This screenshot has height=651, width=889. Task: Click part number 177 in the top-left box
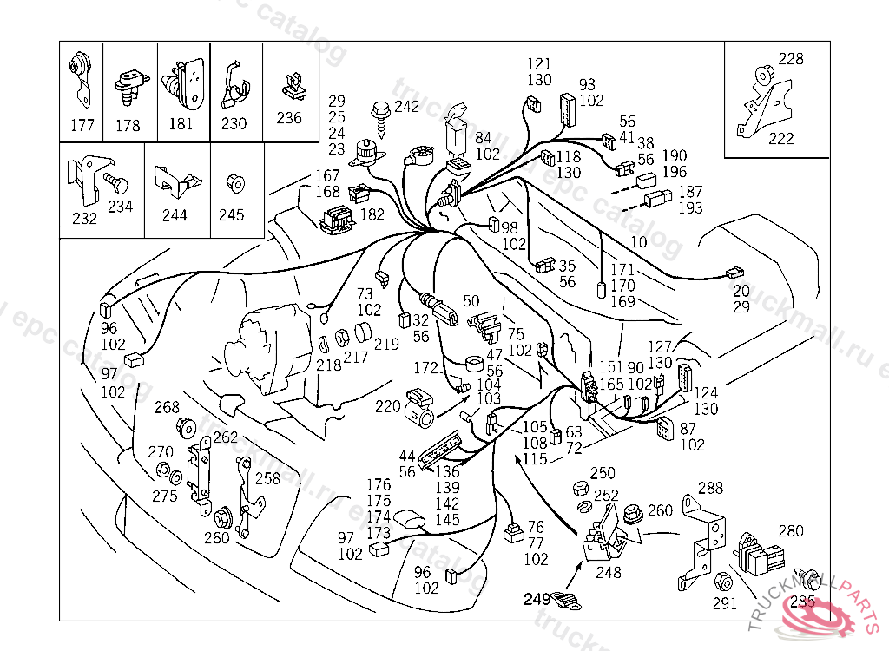82,125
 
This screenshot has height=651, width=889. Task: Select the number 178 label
128,125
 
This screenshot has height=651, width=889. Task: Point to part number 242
406,107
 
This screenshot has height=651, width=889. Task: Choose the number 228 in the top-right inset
790,59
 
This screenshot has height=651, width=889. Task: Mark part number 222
781,139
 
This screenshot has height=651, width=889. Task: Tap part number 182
372,214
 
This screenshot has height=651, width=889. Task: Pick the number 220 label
387,405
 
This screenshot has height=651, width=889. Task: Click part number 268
167,407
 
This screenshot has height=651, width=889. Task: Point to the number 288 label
710,489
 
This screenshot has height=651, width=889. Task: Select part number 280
791,530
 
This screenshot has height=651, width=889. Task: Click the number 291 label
725,602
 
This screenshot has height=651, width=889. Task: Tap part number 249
536,598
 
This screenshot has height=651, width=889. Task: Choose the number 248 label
609,572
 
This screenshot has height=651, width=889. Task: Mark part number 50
471,301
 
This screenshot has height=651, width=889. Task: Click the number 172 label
425,369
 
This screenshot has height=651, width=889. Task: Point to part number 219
387,344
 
